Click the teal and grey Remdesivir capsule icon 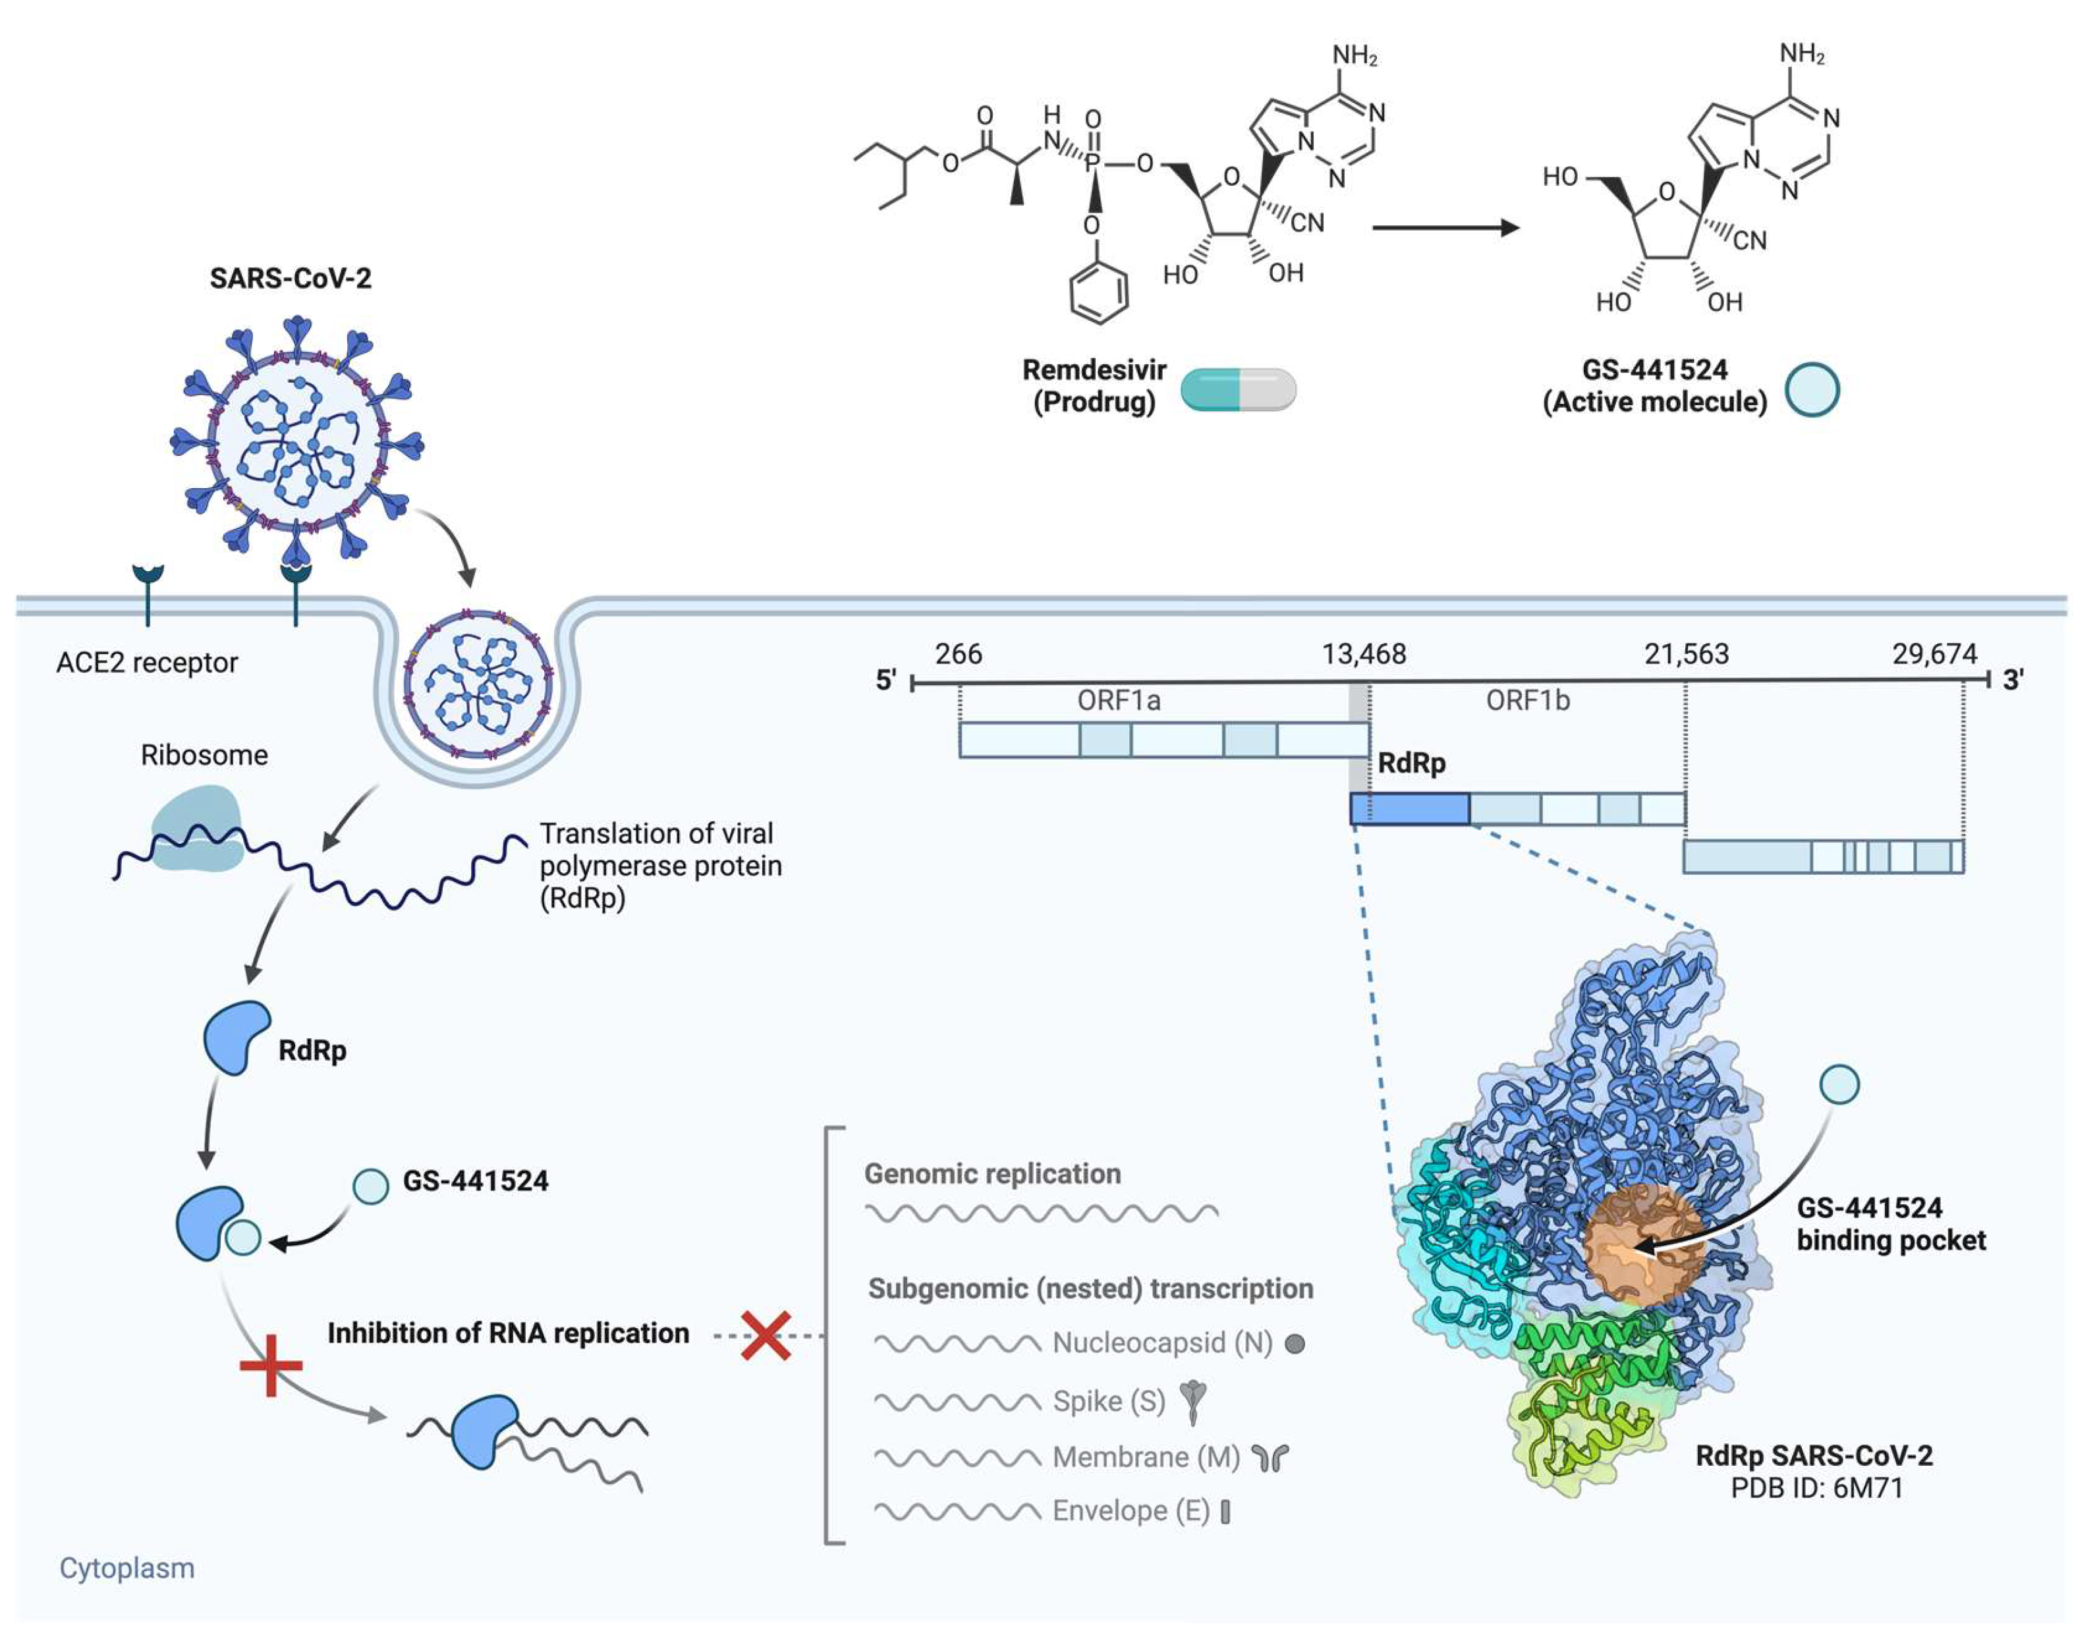click(1238, 390)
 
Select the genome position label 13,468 click(1364, 655)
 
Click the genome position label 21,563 click(1686, 655)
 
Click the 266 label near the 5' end click(959, 655)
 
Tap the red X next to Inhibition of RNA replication click(766, 1335)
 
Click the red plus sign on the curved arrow click(271, 1364)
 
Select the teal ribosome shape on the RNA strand click(198, 827)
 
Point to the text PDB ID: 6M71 click(1816, 1488)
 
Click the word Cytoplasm click(126, 1568)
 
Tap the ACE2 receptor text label click(147, 663)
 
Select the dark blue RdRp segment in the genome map click(1409, 808)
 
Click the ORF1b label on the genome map click(1528, 701)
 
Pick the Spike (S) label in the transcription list click(1109, 1402)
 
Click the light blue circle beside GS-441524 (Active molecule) click(1812, 390)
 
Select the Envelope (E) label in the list click(1130, 1511)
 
